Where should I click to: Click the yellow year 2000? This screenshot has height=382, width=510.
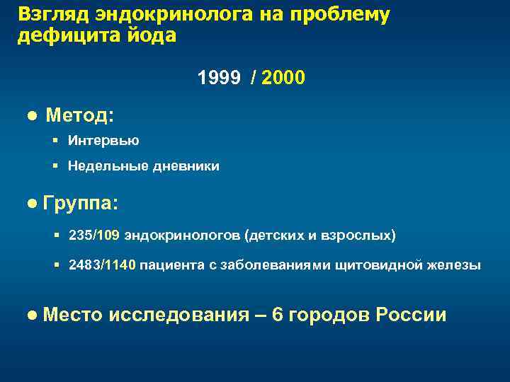click(283, 77)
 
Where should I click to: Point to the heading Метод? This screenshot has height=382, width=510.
click(80, 115)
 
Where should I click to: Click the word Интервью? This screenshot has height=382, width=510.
click(103, 141)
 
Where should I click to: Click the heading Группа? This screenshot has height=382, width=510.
click(81, 204)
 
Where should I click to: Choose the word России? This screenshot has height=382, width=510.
click(412, 315)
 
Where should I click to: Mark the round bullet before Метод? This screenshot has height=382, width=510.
click(32, 115)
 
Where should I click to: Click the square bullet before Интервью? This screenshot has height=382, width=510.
click(55, 141)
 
